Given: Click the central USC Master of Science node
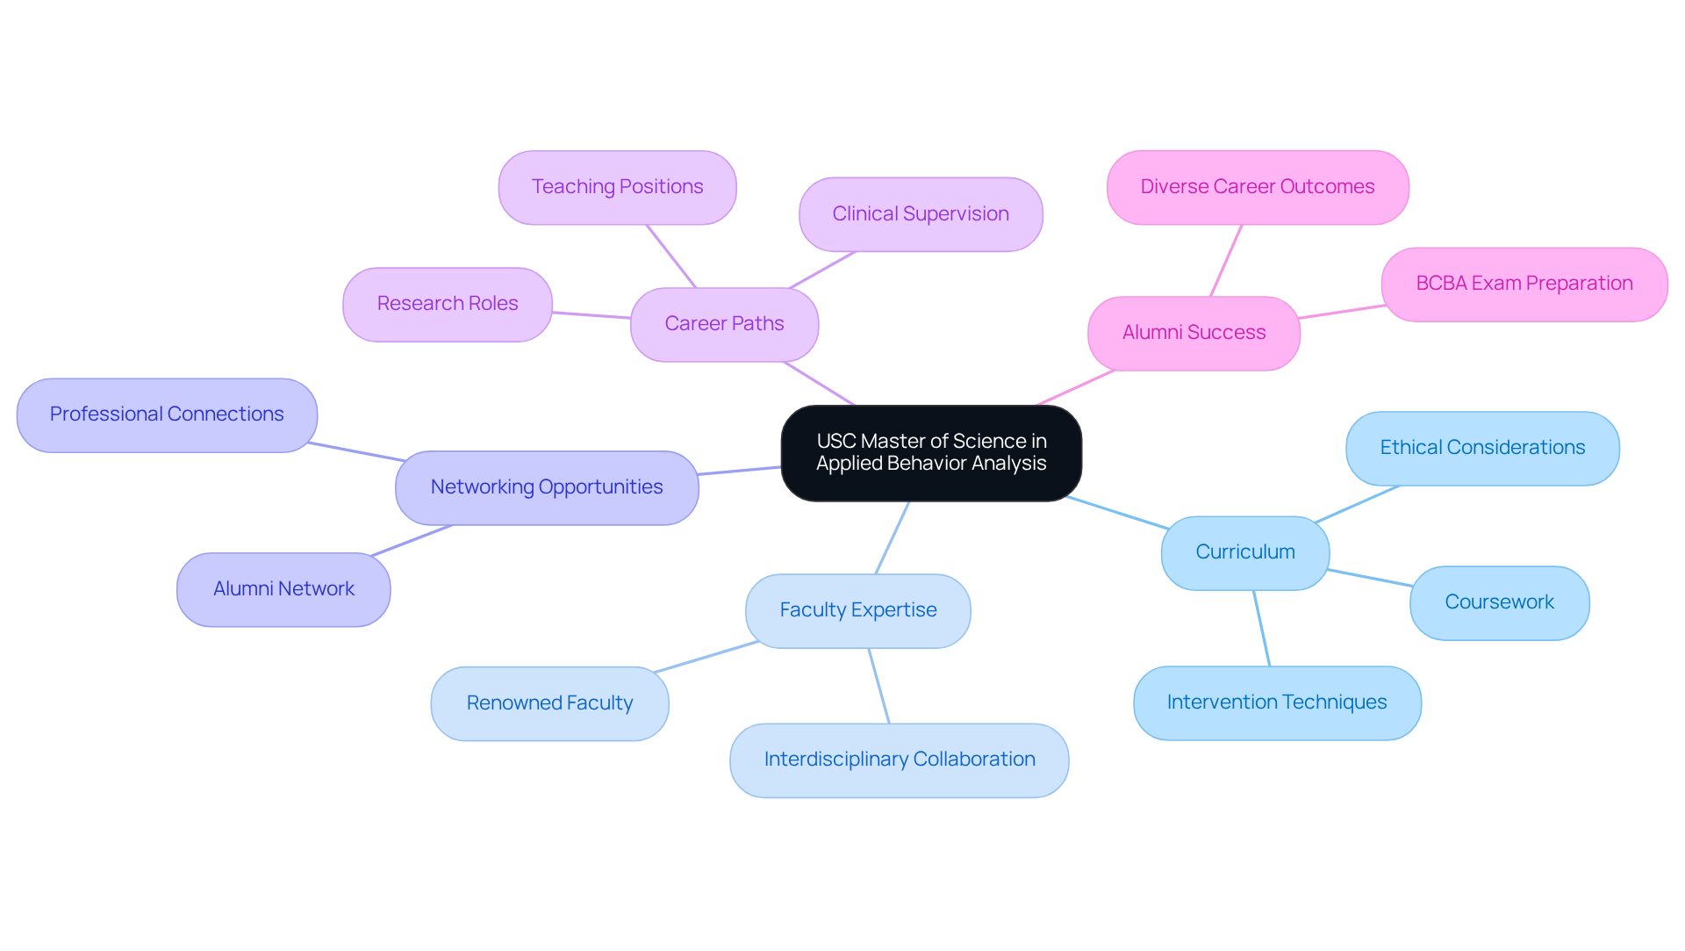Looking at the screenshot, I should coord(931,453).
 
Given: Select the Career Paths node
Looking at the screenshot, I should coord(724,324).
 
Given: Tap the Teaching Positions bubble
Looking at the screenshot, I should coord(617,187).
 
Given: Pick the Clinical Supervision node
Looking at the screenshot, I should coord(921,214).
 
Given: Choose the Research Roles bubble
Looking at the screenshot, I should coord(448,304).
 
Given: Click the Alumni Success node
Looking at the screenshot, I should coord(1194,333).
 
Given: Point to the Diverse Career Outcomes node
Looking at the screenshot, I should coord(1257,187).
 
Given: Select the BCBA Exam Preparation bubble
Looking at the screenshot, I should coord(1524,284).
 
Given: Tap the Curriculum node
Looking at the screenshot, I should coord(1244,552).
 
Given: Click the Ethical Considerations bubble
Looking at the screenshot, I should coord(1482,448).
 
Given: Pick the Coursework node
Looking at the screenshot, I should coord(1499,602).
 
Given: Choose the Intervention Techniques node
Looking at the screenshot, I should coord(1277,702).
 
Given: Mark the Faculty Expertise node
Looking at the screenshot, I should coord(857,610).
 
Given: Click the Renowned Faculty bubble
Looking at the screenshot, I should coord(549,703).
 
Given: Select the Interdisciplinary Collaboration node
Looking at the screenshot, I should coord(899,760).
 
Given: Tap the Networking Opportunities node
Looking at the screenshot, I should coord(547,487).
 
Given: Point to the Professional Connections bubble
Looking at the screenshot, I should coord(167,414).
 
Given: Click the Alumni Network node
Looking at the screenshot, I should coord(283,589).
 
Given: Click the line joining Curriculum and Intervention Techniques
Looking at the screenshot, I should coord(1262,629).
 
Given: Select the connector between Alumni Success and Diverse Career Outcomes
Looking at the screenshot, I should coord(1226,261).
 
